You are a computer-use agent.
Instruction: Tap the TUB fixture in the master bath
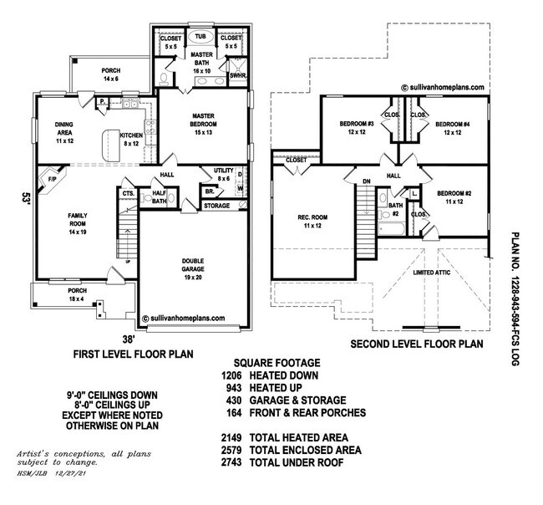[x=201, y=37]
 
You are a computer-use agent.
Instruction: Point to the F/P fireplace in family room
[x=52, y=179]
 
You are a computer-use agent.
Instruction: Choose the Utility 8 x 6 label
[x=223, y=174]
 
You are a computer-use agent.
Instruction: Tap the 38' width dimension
[x=128, y=339]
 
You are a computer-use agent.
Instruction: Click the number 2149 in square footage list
[x=236, y=437]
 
